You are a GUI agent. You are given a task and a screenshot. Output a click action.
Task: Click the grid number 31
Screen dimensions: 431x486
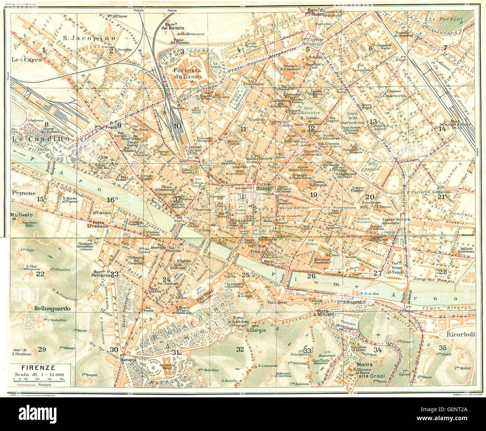point(175,352)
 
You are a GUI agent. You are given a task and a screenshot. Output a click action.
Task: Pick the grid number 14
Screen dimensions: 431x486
point(442,129)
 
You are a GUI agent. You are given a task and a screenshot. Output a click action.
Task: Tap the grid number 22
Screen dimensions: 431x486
point(40,274)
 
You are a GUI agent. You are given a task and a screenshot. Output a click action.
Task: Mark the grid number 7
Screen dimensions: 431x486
point(445,47)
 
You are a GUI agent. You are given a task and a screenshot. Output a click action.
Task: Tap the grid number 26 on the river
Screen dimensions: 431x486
point(311,276)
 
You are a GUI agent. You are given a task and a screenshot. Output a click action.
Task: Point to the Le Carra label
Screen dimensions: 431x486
point(23,59)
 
